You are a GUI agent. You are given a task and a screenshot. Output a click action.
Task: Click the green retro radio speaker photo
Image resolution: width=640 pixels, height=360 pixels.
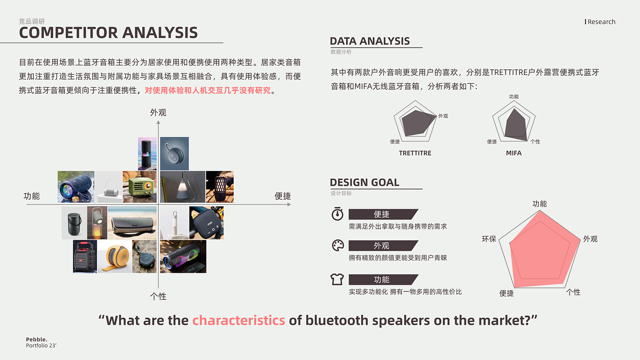[140, 187]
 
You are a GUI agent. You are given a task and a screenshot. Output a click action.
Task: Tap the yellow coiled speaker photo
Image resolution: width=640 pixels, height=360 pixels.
[115, 256]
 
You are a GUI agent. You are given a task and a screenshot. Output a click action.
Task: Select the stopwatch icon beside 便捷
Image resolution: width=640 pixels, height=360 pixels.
[337, 214]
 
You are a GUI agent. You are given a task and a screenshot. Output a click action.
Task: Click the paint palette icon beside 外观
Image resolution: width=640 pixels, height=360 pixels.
[338, 245]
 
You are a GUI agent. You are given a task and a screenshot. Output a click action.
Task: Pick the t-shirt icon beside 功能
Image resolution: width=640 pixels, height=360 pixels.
[337, 279]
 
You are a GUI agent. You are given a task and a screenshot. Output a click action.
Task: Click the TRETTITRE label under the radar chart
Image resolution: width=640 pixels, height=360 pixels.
[415, 153]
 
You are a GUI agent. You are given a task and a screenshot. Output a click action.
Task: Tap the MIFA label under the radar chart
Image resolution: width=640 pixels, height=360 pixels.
[514, 153]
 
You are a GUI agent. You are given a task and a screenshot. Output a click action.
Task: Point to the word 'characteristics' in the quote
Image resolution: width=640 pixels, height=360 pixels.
[239, 320]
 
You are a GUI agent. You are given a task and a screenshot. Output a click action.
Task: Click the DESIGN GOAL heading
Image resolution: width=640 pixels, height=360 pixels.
[365, 182]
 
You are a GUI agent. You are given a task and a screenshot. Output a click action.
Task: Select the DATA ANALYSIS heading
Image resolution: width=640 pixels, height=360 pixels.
[370, 41]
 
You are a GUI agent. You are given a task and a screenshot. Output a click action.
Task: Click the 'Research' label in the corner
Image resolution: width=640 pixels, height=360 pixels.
[602, 21]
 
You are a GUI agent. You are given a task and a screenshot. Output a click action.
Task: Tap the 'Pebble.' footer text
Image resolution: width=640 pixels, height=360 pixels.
[37, 339]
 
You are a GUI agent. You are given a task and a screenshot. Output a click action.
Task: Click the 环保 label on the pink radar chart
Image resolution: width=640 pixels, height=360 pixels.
[489, 238]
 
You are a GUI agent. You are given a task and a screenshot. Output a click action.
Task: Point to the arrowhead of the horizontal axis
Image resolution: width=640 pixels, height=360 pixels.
[289, 204]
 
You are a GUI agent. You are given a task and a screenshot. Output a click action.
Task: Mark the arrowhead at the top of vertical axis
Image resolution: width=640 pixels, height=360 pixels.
[158, 122]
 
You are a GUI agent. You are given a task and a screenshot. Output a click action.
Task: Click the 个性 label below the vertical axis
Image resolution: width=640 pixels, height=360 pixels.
[158, 296]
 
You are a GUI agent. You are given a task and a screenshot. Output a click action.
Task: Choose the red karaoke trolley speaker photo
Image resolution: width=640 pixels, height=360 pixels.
[85, 256]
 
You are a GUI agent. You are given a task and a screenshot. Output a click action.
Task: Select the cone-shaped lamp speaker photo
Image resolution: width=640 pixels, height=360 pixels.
[182, 187]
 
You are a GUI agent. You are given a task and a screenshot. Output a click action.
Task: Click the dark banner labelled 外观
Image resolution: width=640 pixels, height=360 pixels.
[383, 245]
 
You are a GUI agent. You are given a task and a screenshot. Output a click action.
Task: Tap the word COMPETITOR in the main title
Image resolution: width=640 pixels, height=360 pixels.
[68, 32]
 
